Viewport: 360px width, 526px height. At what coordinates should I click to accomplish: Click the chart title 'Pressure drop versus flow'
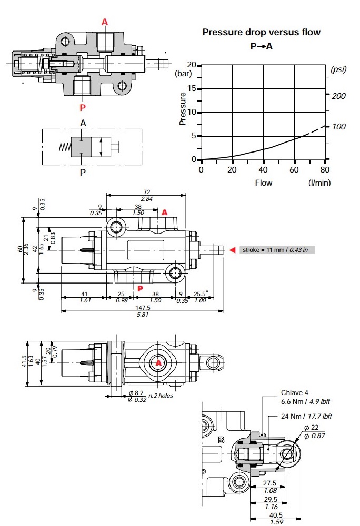point(262,33)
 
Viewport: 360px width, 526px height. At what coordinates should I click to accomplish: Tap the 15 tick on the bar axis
point(193,88)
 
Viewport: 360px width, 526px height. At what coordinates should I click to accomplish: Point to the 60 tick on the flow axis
point(295,170)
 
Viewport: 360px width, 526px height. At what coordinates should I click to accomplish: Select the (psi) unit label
point(339,69)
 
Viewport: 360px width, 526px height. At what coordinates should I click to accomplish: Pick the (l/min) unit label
point(319,183)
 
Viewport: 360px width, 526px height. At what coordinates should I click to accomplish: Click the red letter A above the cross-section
point(105,22)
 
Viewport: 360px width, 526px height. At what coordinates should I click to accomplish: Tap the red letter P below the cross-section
point(83,108)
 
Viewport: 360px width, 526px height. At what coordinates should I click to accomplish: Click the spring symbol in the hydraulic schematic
point(62,147)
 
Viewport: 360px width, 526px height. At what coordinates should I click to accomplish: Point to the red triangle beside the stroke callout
point(232,250)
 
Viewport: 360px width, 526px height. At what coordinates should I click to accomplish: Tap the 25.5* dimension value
point(201,295)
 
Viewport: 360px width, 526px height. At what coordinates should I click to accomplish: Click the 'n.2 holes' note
point(161,396)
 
